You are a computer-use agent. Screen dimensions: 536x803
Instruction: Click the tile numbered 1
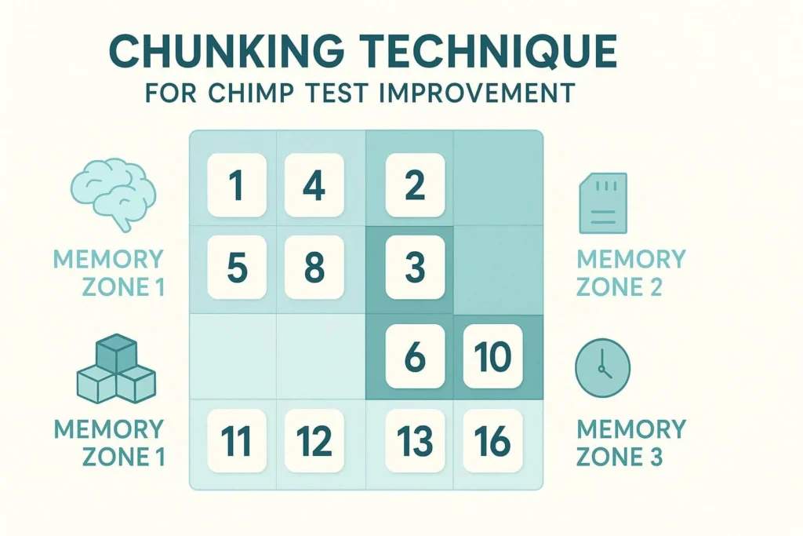coord(237,185)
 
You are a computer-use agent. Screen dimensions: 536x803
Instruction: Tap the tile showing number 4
coord(314,185)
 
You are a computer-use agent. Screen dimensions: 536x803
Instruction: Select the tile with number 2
coord(415,185)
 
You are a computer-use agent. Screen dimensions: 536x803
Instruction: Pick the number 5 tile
coord(237,268)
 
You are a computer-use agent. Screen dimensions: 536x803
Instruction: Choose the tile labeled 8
coord(314,268)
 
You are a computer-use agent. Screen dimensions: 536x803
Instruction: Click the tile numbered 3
coord(415,268)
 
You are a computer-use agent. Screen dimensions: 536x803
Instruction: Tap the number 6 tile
coord(415,356)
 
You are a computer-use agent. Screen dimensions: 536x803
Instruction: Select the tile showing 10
coord(493,356)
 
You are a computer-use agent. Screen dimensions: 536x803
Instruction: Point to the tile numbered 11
coord(237,441)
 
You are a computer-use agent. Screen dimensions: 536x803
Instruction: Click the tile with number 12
coord(314,441)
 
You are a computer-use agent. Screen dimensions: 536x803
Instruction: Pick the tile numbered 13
coord(415,441)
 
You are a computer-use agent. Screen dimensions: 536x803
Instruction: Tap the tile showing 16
coord(493,441)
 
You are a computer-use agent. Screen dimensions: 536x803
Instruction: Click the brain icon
coord(114,191)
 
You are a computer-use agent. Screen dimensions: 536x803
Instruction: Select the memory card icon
coord(602,203)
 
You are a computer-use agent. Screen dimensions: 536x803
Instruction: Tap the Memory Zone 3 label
coord(630,442)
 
